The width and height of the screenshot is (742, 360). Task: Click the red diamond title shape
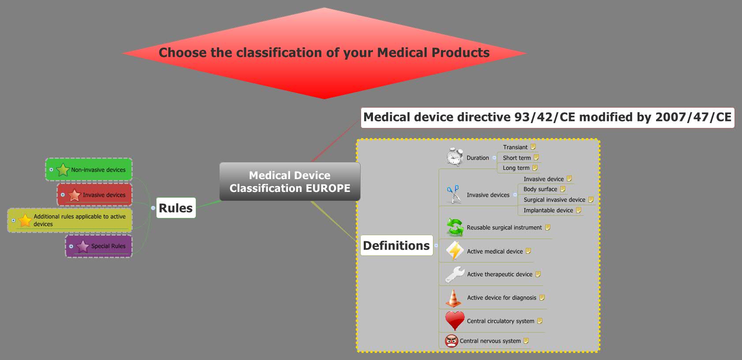click(324, 53)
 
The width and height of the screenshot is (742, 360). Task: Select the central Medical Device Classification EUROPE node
click(290, 182)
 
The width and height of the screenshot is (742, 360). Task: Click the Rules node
click(175, 208)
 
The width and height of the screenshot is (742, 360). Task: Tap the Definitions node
click(396, 245)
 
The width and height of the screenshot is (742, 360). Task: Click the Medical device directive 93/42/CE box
click(547, 117)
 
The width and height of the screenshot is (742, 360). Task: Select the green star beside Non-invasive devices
click(63, 169)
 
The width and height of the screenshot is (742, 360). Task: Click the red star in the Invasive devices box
click(75, 195)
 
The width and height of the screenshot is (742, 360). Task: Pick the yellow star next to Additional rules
click(25, 220)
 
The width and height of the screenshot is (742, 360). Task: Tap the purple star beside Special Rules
click(82, 246)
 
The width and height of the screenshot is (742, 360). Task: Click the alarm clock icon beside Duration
click(455, 157)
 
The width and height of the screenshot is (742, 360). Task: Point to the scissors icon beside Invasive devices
click(454, 194)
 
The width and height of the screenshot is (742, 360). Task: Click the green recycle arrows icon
click(455, 227)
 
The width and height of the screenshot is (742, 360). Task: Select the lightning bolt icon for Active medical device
click(455, 251)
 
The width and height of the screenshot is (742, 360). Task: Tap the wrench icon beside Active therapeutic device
click(455, 274)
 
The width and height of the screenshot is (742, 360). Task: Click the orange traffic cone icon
click(454, 298)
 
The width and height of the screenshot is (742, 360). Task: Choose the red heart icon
click(455, 320)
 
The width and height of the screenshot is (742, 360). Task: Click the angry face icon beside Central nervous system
click(451, 341)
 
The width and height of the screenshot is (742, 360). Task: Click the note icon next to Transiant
click(533, 147)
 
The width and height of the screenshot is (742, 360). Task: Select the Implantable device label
click(548, 210)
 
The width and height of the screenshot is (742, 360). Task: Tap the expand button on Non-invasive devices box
click(51, 169)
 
